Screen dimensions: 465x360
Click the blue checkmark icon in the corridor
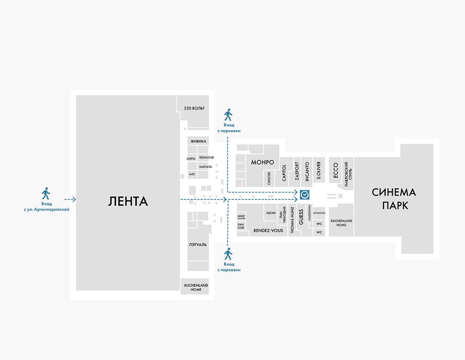[x=305, y=195]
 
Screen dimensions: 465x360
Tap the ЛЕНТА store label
[x=128, y=201]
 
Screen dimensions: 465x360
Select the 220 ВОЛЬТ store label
[x=194, y=108]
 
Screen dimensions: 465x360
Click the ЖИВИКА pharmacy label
[x=198, y=141]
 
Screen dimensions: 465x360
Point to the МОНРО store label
[x=262, y=162]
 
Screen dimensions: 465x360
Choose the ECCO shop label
[x=336, y=170]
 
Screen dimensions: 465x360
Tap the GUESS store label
[x=301, y=217]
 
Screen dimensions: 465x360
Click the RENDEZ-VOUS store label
[x=268, y=230]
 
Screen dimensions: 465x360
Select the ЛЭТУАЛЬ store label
[x=198, y=245]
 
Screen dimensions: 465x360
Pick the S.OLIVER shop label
[x=319, y=170]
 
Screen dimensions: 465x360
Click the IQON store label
[x=271, y=213]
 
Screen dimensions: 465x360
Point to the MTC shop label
[x=192, y=174]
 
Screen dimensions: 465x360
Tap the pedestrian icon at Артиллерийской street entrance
[x=46, y=194]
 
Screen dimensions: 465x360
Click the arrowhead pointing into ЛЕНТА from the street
[x=74, y=199]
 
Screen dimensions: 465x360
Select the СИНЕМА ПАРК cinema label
[x=394, y=199]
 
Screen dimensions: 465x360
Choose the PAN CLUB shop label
[x=241, y=226]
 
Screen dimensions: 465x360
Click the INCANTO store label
[x=307, y=171]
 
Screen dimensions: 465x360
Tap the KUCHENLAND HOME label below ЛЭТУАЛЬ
[x=196, y=287]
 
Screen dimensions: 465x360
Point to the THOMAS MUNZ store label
[x=292, y=220]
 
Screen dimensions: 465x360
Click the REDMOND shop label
[x=207, y=157]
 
